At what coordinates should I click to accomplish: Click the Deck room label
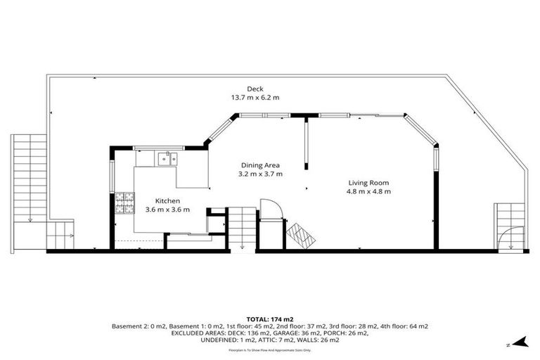point(255,89)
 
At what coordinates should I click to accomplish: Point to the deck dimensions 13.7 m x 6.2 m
point(255,98)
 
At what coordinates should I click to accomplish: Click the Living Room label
point(368,181)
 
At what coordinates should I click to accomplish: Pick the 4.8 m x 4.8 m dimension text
point(368,191)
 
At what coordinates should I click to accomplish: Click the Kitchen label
point(167,200)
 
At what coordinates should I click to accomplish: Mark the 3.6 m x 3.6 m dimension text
point(167,210)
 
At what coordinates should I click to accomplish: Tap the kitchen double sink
point(167,158)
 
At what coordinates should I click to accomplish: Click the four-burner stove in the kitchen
point(124,203)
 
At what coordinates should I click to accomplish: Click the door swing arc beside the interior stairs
point(270,210)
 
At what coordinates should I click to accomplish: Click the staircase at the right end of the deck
point(509,225)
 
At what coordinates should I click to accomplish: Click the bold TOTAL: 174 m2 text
point(269,319)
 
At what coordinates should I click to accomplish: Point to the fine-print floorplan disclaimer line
point(269,349)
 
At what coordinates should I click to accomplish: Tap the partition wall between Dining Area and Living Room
point(306,144)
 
